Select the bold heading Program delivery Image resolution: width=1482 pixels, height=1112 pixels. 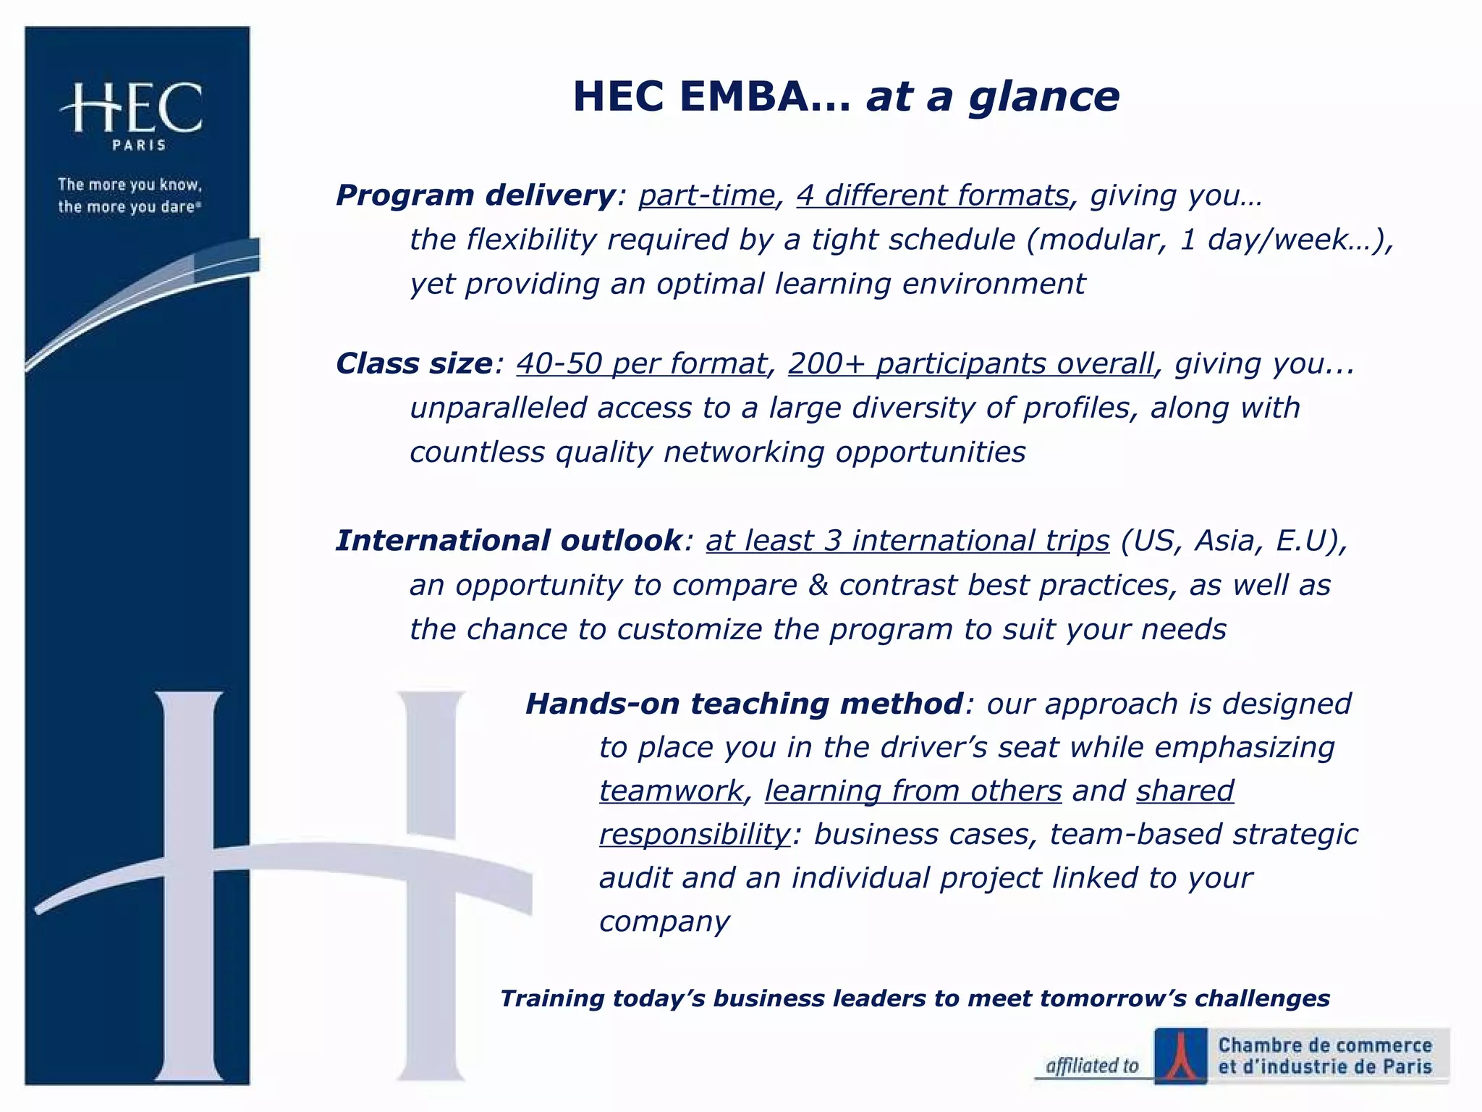(475, 195)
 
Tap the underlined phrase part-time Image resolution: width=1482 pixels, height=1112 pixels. (706, 195)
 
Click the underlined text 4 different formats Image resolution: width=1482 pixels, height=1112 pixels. (933, 195)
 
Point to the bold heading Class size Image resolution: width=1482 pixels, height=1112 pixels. (414, 363)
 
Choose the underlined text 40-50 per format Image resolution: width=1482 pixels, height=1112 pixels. (641, 363)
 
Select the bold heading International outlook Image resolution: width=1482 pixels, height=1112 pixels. (508, 541)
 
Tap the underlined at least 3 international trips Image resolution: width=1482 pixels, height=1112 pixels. (907, 541)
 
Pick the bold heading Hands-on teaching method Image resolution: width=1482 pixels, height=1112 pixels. (744, 704)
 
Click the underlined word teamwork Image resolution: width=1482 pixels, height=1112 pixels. (671, 791)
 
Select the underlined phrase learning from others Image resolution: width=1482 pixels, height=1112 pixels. (913, 791)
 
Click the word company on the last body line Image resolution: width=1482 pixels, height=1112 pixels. (664, 922)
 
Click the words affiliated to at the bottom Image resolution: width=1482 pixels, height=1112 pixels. (1092, 1066)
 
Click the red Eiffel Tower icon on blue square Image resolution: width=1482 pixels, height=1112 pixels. (1180, 1055)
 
